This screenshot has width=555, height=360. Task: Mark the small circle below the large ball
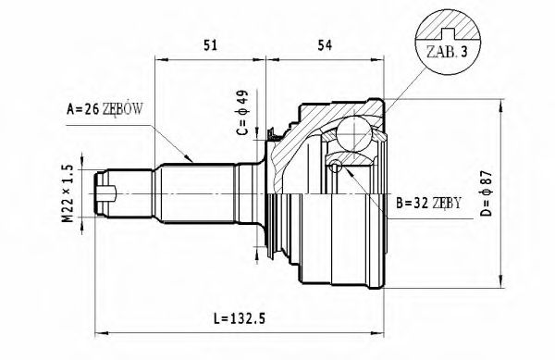[x=334, y=167]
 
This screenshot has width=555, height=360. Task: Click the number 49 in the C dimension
[x=240, y=96]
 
